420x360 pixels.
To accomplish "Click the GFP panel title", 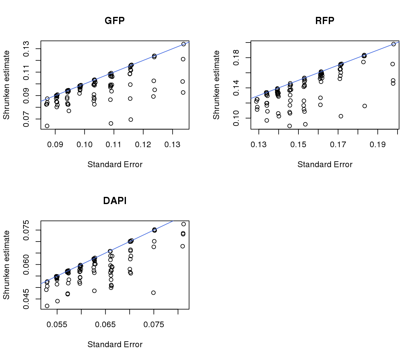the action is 115,21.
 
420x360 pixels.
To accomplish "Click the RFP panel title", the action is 325,21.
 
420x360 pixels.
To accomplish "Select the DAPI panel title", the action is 115,201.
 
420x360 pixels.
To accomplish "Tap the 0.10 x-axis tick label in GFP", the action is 84,145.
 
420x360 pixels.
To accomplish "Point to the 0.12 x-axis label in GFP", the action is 143,145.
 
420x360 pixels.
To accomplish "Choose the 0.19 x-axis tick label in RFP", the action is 377,145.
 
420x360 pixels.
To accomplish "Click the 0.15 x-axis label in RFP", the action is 298,145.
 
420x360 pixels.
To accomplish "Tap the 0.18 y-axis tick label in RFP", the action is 236,58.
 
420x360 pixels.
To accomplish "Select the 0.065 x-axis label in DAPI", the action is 105,325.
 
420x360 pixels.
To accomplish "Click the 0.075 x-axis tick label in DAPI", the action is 154,325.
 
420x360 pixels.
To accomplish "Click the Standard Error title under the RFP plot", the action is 325,164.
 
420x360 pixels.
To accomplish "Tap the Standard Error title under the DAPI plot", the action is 115,344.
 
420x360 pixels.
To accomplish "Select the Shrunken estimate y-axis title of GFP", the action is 6,85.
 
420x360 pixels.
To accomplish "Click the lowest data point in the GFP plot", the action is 47,126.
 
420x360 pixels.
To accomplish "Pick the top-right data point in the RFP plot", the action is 393,44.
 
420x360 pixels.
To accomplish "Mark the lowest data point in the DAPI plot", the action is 47,306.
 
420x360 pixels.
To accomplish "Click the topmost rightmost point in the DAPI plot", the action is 183,224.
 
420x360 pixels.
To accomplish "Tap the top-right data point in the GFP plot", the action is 183,44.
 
